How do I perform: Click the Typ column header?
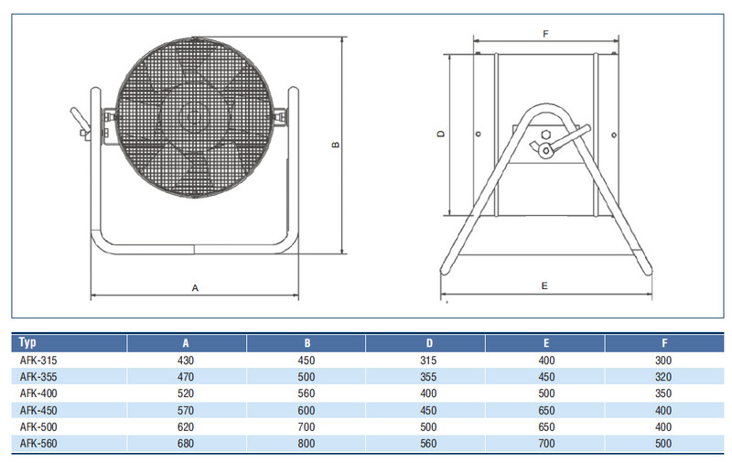point(27,343)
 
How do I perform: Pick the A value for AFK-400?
point(187,393)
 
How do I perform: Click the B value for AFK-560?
point(307,443)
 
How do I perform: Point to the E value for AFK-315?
point(547,361)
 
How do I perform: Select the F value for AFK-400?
point(665,393)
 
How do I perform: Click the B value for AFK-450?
point(307,410)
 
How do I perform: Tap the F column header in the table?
point(665,343)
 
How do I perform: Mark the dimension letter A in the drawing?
point(195,287)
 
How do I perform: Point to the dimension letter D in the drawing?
point(441,134)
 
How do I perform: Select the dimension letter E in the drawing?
point(544,285)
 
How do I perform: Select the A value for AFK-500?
point(187,426)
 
